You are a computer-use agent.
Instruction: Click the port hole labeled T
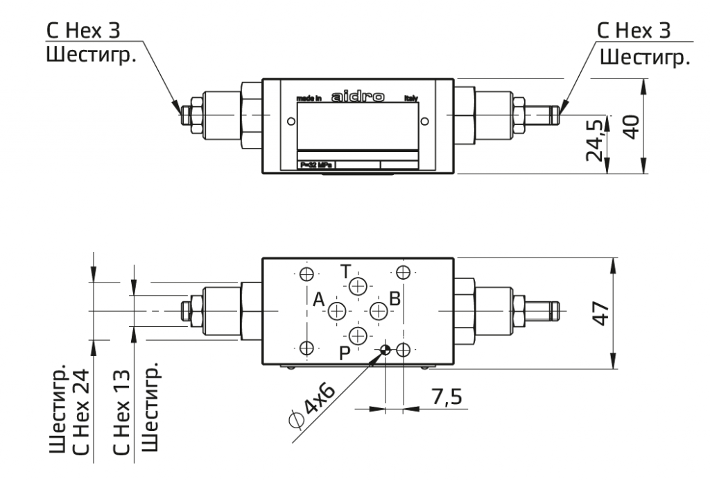pyautogui.click(x=358, y=287)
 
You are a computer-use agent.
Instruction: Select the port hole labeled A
pyautogui.click(x=337, y=310)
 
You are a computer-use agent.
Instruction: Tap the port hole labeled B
pyautogui.click(x=379, y=310)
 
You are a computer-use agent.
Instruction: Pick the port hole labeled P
pyautogui.click(x=358, y=337)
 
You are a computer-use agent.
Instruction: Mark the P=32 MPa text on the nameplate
pyautogui.click(x=315, y=164)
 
